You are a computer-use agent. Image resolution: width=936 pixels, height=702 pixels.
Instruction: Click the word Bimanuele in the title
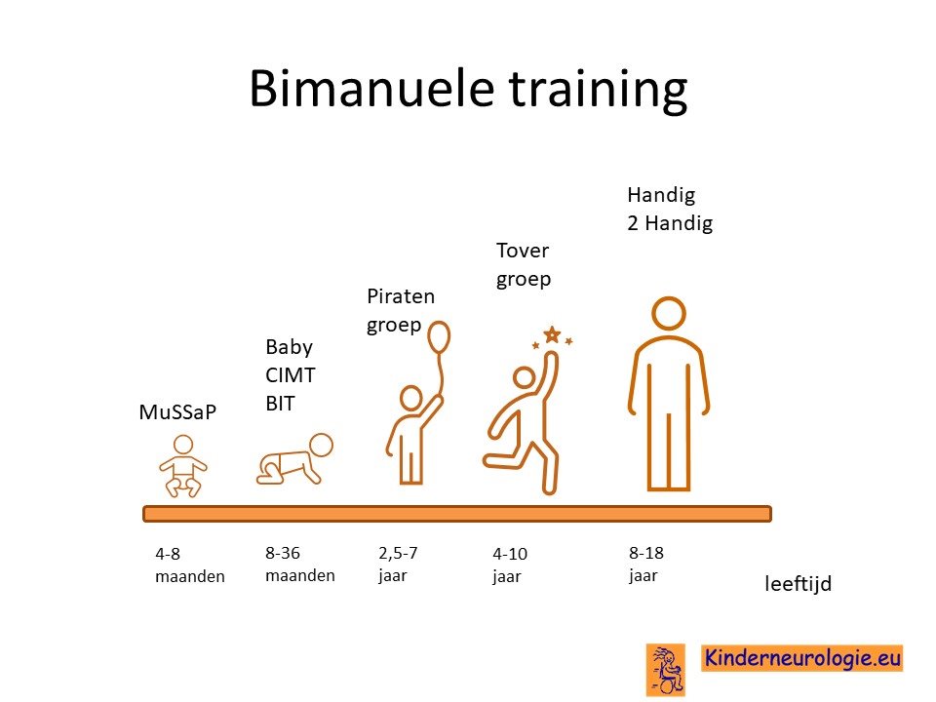(x=371, y=89)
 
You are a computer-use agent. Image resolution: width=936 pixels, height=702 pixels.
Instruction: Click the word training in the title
(x=598, y=90)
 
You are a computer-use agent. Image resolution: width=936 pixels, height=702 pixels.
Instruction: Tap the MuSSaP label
(x=177, y=411)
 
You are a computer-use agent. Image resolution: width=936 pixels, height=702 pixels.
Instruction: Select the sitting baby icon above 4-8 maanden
(x=182, y=466)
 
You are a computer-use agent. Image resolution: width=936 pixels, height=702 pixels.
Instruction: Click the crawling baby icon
(x=294, y=458)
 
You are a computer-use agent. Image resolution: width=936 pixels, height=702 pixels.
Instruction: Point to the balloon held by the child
(x=440, y=337)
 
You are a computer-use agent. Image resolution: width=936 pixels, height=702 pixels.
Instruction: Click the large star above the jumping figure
(x=552, y=334)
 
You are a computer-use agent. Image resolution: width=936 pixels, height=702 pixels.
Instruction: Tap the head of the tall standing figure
(x=669, y=313)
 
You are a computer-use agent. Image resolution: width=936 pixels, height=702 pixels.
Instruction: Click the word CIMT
(x=291, y=375)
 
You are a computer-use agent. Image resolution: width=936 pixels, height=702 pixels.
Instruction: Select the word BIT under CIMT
(x=280, y=404)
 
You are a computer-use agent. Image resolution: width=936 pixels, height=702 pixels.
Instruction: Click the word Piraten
(x=401, y=296)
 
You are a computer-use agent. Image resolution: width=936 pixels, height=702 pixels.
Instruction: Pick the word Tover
(x=523, y=251)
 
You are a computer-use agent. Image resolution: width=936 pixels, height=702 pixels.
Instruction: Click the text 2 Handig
(x=670, y=222)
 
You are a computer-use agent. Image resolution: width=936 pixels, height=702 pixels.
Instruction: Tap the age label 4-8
(x=168, y=554)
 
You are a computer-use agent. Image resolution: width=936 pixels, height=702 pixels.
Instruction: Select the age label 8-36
(x=283, y=553)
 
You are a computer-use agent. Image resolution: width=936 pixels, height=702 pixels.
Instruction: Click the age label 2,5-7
(x=398, y=553)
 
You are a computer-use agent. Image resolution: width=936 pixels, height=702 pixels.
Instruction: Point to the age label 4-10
(x=510, y=554)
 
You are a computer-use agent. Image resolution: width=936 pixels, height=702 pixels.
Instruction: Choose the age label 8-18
(x=645, y=553)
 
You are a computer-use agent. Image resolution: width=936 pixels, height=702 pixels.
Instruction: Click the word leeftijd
(x=799, y=583)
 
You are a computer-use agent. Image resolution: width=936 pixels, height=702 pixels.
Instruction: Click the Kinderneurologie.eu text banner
(x=801, y=658)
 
